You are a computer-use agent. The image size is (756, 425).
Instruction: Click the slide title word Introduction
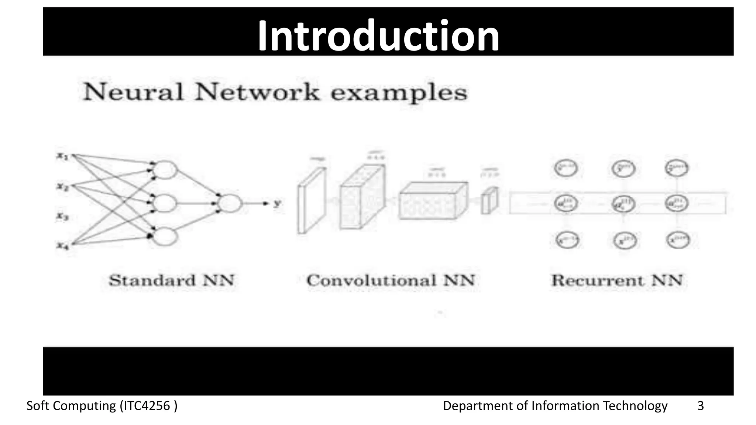pos(378,36)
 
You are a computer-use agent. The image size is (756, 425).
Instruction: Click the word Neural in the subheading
pos(133,92)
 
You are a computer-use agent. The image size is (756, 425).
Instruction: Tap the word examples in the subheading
pos(399,93)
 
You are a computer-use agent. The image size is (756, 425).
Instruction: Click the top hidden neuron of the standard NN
pos(165,170)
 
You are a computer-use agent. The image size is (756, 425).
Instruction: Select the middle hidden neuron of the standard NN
pos(165,203)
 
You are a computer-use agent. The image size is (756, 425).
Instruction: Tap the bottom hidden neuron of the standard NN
pos(165,236)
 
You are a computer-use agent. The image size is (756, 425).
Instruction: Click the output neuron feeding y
pos(230,203)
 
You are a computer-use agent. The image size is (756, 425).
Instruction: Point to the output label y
pos(276,203)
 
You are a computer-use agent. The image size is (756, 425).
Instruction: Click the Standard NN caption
pos(172,280)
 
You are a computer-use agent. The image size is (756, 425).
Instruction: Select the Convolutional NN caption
pos(391,280)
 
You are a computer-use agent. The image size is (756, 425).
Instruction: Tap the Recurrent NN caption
pos(617,280)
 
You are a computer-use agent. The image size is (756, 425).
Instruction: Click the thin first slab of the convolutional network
pos(312,201)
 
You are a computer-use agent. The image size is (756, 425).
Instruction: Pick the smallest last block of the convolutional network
pos(489,201)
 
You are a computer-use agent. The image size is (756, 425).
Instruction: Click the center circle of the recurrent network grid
pos(623,204)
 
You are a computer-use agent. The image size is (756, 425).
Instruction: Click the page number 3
pos(700,406)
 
